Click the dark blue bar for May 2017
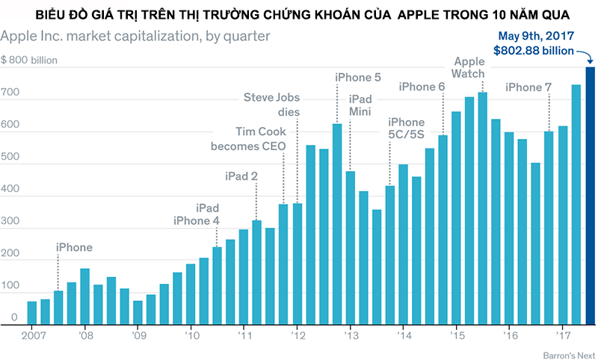click(590, 196)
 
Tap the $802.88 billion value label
click(534, 50)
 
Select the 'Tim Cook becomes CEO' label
click(248, 138)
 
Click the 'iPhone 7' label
click(528, 87)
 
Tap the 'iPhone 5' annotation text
click(357, 77)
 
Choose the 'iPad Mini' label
click(360, 105)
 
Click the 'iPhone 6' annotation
click(422, 87)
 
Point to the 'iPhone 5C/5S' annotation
click(406, 128)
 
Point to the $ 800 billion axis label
click(29, 59)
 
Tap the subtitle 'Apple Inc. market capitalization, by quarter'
click(135, 35)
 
